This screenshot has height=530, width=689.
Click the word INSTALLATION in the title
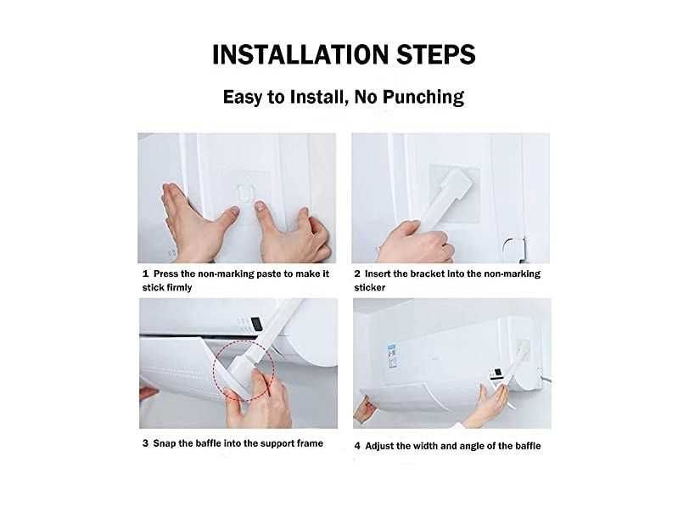pyautogui.click(x=300, y=54)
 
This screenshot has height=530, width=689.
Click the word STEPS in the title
pyautogui.click(x=436, y=54)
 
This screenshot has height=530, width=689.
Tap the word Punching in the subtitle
pyautogui.click(x=423, y=97)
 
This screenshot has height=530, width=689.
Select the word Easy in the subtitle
pyautogui.click(x=243, y=97)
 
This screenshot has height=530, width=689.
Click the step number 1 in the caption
pyautogui.click(x=145, y=274)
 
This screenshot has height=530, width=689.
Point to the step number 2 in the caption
pyautogui.click(x=357, y=274)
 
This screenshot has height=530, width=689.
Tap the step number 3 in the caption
pyautogui.click(x=145, y=443)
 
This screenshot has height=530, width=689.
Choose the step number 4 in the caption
pyautogui.click(x=357, y=446)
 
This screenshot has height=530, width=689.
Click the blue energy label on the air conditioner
pyautogui.click(x=392, y=356)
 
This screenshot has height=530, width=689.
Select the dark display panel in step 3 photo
pyautogui.click(x=257, y=324)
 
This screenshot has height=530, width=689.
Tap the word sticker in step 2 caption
pyautogui.click(x=370, y=288)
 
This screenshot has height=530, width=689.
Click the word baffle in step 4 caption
pyautogui.click(x=528, y=446)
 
